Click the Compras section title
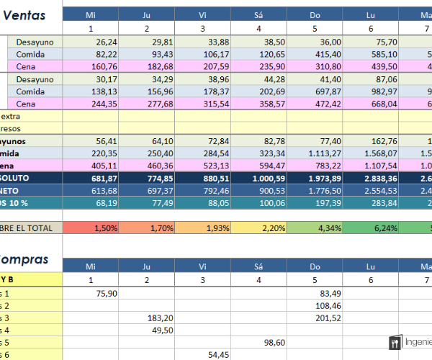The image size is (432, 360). click(24, 259)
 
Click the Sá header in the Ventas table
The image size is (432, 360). click(258, 14)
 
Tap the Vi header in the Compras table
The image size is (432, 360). click(203, 266)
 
